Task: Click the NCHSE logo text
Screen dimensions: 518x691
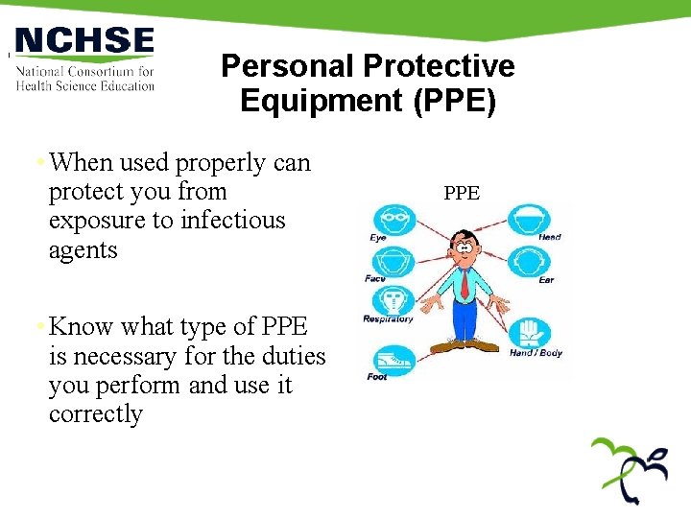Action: click(84, 40)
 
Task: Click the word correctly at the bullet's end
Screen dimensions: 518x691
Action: click(96, 414)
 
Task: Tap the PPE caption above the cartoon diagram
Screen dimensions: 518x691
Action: click(462, 193)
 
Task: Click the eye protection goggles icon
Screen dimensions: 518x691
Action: click(393, 220)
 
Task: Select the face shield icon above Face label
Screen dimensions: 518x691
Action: click(392, 262)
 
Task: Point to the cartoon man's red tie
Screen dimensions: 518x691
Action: click(464, 283)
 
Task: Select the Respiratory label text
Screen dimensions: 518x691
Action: click(388, 319)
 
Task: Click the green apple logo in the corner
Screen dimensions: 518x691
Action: click(630, 468)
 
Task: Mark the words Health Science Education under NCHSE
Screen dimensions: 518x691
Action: click(85, 85)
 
